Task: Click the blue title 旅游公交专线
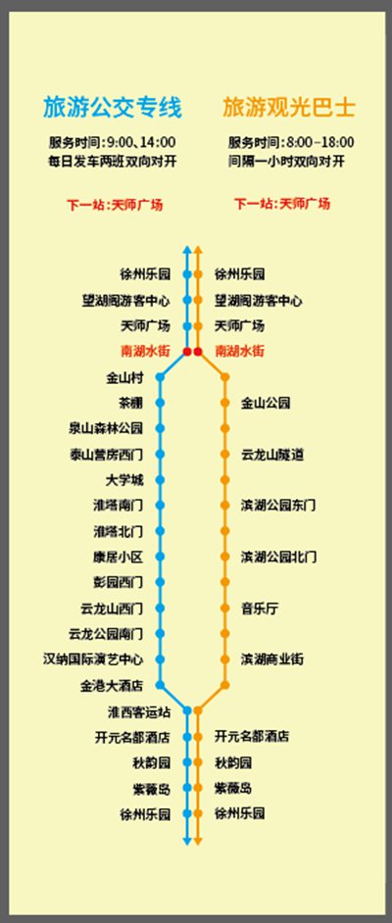(112, 109)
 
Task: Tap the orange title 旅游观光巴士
(289, 109)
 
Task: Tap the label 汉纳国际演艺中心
(93, 659)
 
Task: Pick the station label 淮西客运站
(139, 711)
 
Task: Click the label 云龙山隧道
(272, 455)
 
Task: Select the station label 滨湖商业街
(272, 659)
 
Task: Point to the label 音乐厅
(260, 608)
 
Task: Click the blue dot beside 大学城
(160, 480)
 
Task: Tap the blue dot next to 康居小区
(160, 557)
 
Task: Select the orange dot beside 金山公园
(224, 404)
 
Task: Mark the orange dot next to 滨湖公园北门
(224, 557)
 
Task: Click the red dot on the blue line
(187, 352)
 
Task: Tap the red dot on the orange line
(198, 352)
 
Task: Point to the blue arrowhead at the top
(187, 249)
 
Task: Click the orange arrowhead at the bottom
(198, 841)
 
